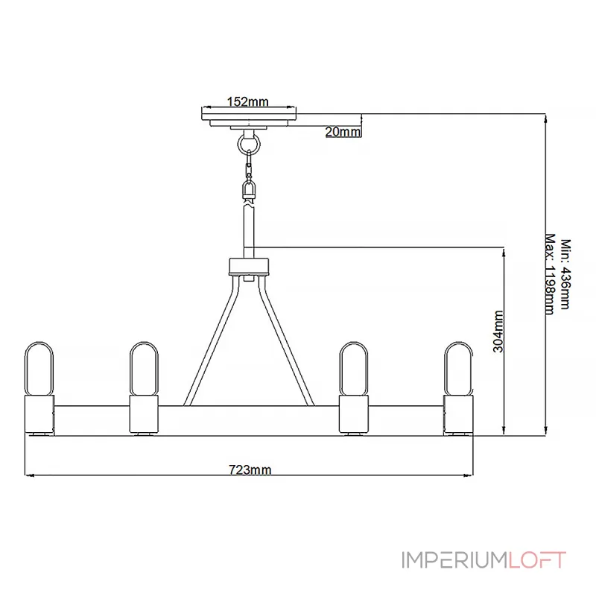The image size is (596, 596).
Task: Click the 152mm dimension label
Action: point(248,101)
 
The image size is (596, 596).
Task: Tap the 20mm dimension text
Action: point(343,132)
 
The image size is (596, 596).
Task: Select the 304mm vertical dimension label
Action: point(498,332)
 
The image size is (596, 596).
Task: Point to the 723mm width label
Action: point(250,470)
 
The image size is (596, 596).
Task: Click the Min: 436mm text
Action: point(565,274)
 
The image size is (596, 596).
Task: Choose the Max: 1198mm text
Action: point(550,274)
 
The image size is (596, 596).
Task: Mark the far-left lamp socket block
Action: point(39,414)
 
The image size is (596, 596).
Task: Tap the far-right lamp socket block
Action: point(459,414)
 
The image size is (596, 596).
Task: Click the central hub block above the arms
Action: point(249,267)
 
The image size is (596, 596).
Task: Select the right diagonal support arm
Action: point(286,340)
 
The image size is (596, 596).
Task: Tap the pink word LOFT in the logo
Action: point(537,560)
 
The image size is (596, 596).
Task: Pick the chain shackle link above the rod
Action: point(249,188)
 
